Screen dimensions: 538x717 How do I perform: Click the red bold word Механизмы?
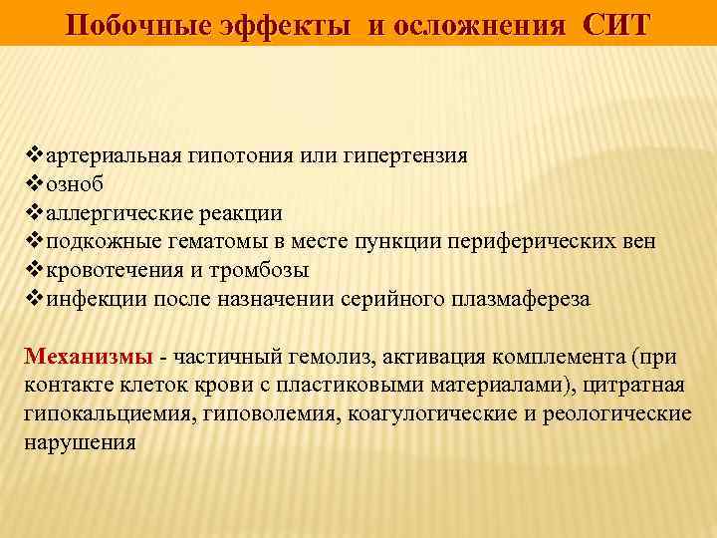pos(89,358)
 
